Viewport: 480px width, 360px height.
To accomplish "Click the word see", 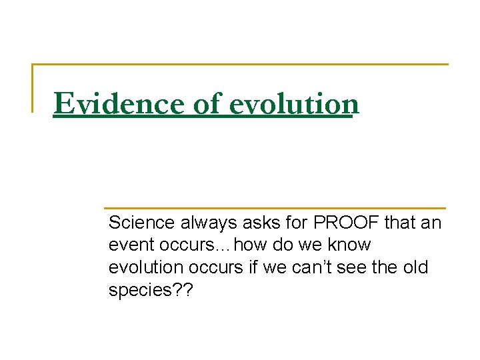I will (x=368, y=267).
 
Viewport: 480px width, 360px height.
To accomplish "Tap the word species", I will (x=137, y=291).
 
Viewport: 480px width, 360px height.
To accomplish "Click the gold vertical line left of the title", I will (x=33, y=87).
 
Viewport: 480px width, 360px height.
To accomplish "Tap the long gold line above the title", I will (x=240, y=64).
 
